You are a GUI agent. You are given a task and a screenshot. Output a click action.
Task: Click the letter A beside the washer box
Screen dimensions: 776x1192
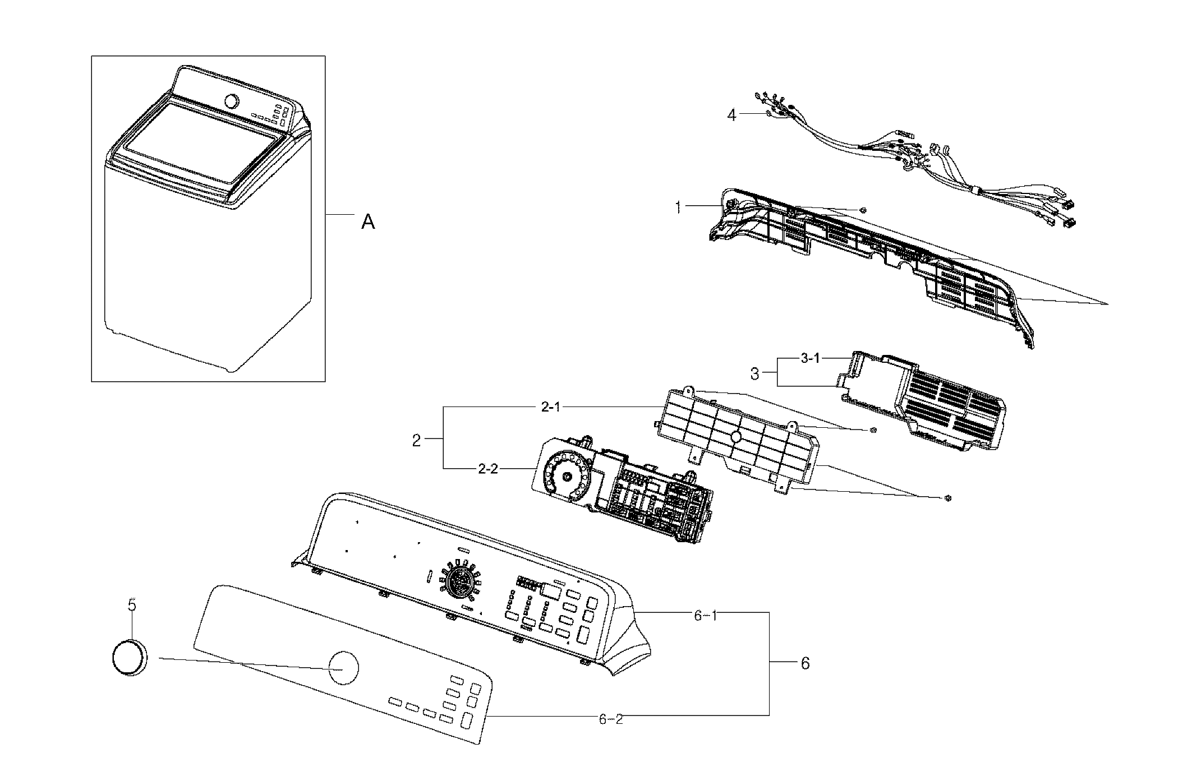[x=367, y=223]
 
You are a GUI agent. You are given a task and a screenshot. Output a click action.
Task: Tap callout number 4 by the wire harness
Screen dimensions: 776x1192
[x=731, y=115]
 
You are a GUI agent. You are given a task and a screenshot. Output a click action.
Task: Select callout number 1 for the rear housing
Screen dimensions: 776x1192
[x=679, y=208]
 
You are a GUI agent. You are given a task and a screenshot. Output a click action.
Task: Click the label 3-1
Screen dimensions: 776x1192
[x=810, y=359]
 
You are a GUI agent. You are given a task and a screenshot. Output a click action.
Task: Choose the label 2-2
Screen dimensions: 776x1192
[x=488, y=469]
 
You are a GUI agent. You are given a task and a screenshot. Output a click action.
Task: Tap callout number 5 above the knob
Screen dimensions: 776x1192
[x=132, y=605]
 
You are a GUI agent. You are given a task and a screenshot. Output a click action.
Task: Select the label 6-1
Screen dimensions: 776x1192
[x=706, y=616]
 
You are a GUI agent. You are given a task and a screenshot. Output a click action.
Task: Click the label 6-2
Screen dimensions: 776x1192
[x=611, y=719]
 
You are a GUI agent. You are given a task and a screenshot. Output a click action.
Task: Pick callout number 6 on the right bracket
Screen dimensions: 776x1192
[x=805, y=663]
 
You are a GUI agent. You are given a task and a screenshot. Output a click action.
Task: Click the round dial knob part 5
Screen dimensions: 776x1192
[x=128, y=657]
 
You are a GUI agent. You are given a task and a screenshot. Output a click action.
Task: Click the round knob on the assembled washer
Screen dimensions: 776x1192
[x=231, y=101]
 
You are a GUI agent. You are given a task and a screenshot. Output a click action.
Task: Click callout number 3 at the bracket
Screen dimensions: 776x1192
[x=755, y=374]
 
